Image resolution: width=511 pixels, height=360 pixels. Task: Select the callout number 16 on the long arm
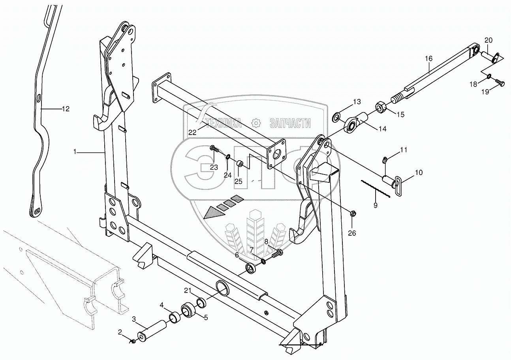429,59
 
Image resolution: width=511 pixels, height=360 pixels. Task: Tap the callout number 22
192,133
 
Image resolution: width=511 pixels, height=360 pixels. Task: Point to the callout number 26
352,233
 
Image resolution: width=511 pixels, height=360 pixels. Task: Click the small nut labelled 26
353,214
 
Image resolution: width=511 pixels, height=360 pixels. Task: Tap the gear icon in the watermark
256,124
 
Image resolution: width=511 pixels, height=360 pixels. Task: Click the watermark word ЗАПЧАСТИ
290,124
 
